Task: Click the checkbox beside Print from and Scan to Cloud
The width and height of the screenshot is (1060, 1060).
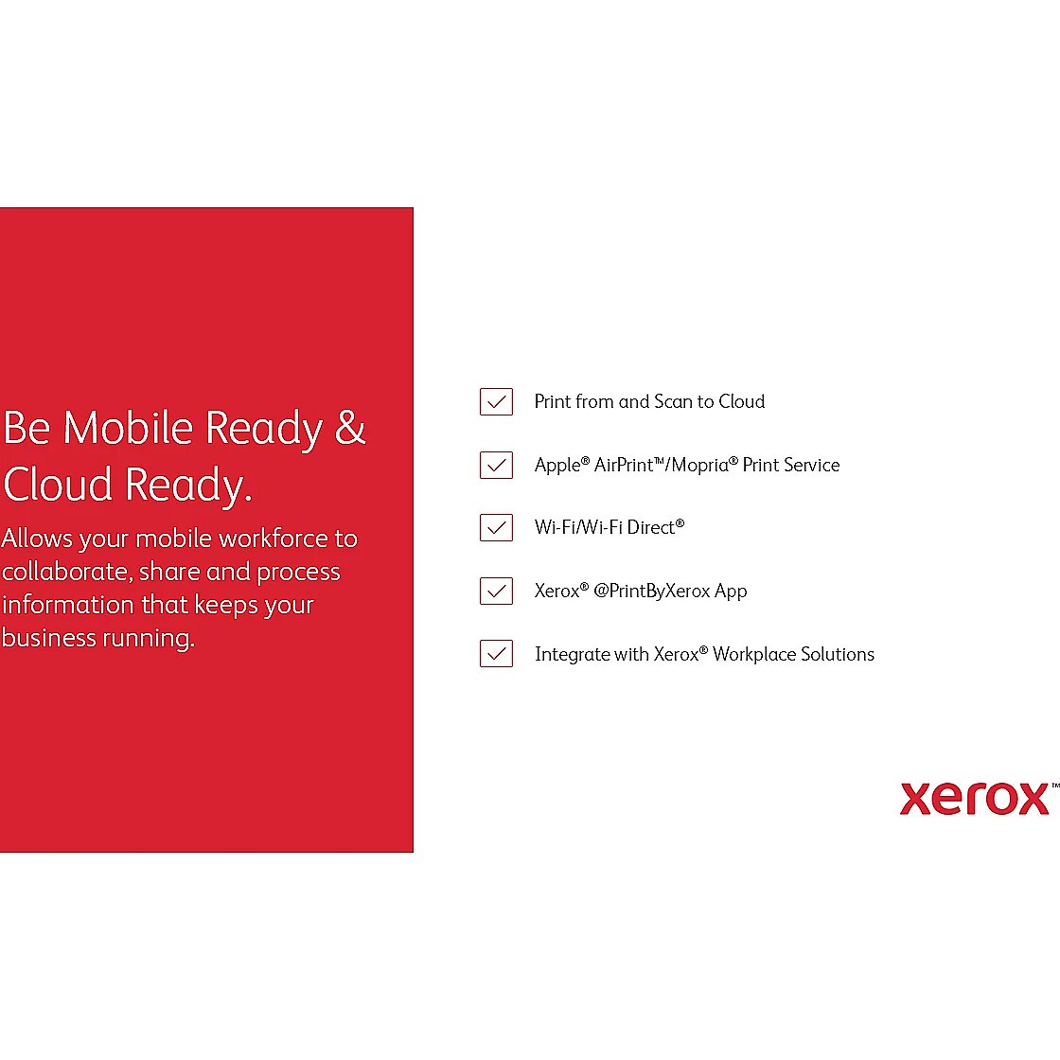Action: (496, 401)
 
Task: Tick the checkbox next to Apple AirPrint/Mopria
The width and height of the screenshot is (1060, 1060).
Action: (496, 465)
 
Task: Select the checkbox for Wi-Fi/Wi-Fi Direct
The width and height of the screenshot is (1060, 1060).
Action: (496, 527)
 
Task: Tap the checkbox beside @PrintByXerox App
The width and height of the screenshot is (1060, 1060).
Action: (496, 591)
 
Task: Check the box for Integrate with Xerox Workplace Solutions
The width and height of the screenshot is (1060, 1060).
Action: (496, 654)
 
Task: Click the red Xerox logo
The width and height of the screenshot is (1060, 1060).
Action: (974, 799)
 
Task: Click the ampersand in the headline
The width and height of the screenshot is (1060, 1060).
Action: (350, 427)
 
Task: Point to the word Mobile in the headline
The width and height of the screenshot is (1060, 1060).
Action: (129, 427)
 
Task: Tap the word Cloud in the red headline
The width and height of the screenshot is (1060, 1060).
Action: (58, 484)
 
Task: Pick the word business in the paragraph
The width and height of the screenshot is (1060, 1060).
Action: (49, 638)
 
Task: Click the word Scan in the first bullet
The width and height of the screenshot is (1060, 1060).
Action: (673, 401)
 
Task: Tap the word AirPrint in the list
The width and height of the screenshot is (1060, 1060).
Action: (624, 465)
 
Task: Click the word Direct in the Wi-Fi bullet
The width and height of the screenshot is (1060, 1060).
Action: (651, 527)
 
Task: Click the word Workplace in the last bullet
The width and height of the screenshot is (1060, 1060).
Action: (754, 654)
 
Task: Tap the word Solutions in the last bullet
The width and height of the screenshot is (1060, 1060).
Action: (838, 654)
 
